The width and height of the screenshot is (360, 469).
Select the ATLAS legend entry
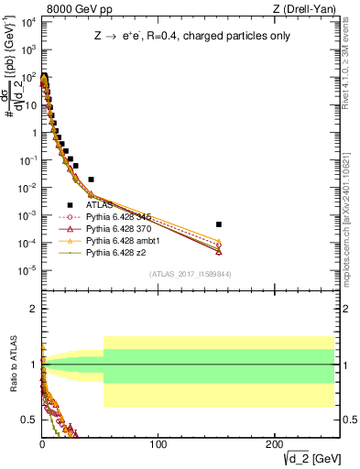[x=100, y=205]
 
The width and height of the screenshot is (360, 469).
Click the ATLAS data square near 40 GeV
[x=91, y=180]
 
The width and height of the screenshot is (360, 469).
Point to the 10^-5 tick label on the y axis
[x=27, y=270]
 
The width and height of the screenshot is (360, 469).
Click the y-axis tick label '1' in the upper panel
[x=34, y=132]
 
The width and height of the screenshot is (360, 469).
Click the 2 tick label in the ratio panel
[x=34, y=309]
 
